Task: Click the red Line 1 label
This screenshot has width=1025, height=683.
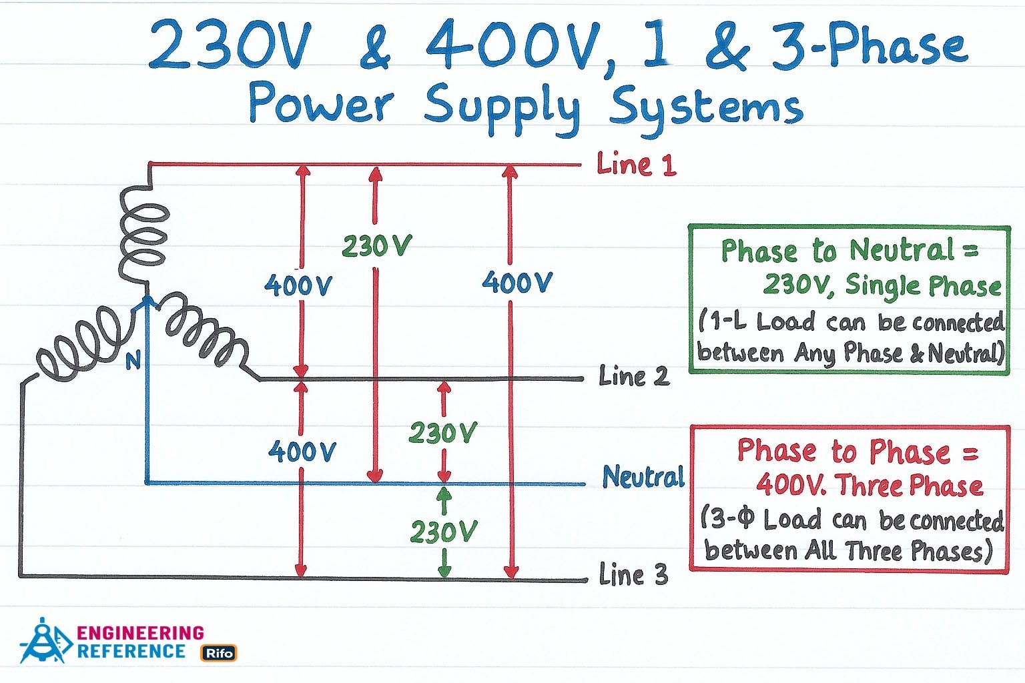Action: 636,164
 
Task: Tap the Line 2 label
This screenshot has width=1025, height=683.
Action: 633,376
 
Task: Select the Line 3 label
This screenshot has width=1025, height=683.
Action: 633,574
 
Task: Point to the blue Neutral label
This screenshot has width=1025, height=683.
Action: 643,477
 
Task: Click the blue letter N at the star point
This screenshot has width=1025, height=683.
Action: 133,361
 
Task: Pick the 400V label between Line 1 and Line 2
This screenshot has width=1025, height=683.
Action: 298,286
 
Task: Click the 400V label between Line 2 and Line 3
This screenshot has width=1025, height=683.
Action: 302,452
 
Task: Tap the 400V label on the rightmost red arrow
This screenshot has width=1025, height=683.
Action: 517,283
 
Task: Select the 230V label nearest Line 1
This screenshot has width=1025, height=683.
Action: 376,247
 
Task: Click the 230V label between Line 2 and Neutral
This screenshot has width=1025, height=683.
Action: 442,434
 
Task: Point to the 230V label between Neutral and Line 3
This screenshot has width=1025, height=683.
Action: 444,532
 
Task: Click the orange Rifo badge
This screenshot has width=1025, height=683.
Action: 219,653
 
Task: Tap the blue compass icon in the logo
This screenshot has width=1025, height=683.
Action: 45,641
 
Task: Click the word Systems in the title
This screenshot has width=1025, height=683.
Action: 706,107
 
